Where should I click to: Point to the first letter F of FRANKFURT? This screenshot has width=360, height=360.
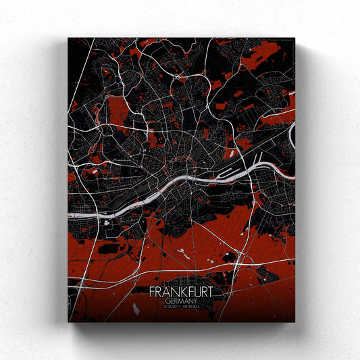[153, 294]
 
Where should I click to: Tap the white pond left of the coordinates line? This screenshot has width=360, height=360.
[136, 309]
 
